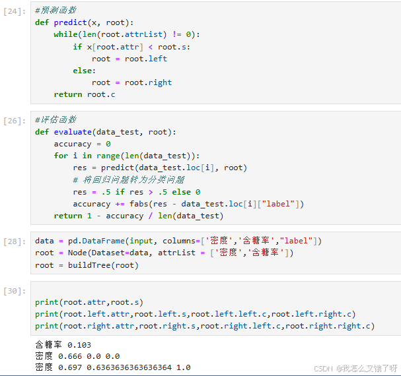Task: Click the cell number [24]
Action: click(14, 11)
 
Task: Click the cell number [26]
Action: click(14, 121)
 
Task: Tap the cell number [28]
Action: click(14, 241)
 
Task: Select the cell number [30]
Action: click(14, 291)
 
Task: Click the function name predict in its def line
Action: click(69, 22)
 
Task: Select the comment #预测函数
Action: click(55, 11)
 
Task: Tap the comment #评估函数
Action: click(55, 120)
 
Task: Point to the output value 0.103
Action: click(79, 344)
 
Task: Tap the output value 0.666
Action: click(69, 356)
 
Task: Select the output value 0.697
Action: click(69, 367)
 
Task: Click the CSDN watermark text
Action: click(355, 368)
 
